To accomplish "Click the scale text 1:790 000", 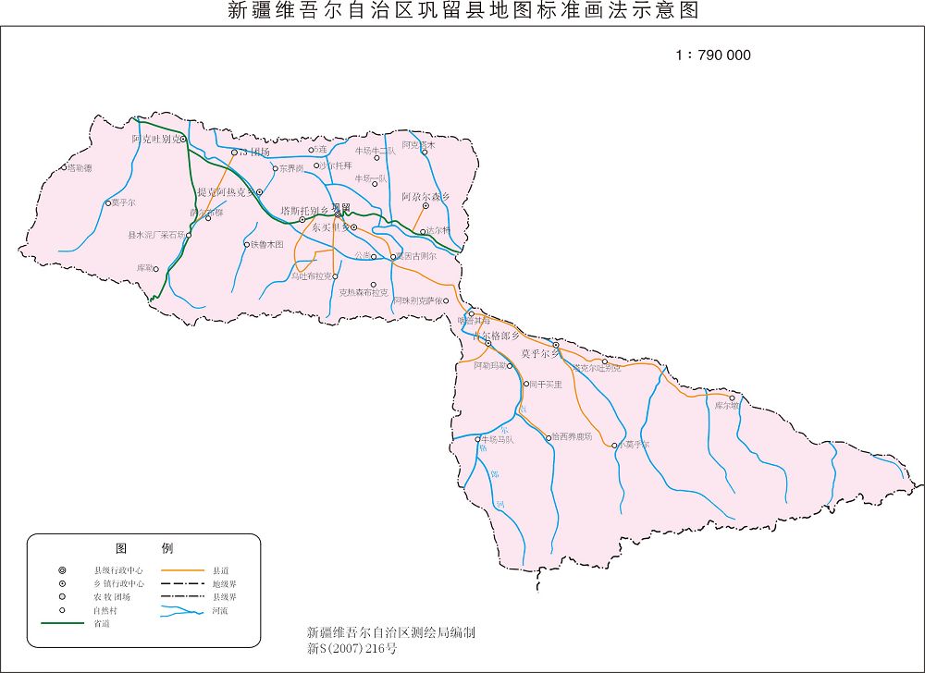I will pos(712,55).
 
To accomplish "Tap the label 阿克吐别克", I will pos(154,140).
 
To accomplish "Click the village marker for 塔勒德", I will pos(64,168).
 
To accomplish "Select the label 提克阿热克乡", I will pos(225,192).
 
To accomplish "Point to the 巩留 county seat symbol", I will pos(338,214).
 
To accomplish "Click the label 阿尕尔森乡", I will pos(425,197).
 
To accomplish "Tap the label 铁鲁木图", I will pos(267,245).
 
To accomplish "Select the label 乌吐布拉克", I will pos(311,276).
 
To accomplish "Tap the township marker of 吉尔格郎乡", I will pos(488,344).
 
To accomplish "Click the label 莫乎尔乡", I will pos(539,354).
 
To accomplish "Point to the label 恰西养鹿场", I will pos(572,437).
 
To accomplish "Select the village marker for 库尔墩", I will pos(733,398).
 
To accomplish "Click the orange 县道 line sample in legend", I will pos(183,570).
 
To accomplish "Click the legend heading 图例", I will pos(143,548).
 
